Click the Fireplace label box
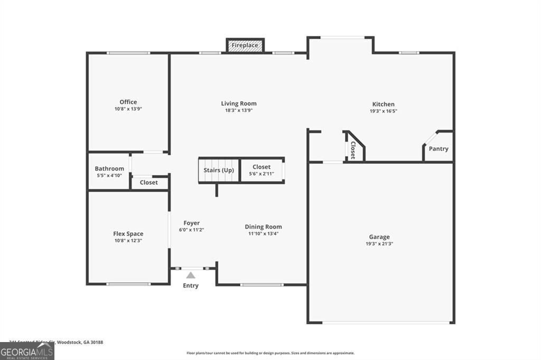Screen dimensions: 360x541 (245, 45)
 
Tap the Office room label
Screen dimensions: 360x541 (128, 102)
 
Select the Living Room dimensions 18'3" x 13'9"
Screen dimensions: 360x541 (239, 111)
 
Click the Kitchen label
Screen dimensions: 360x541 (383, 104)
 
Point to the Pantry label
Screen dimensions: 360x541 (439, 149)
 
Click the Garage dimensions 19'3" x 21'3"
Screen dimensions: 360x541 (379, 244)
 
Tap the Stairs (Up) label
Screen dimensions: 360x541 (219, 170)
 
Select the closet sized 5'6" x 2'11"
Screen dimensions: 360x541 (262, 170)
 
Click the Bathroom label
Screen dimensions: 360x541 (109, 169)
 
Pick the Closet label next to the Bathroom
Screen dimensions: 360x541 (148, 183)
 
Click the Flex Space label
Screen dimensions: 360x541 (128, 234)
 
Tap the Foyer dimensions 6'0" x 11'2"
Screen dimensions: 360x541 (191, 230)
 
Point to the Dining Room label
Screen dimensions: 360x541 (263, 227)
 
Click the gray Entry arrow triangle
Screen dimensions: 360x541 (191, 275)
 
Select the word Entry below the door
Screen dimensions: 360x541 (191, 286)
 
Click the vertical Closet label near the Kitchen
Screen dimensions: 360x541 (352, 150)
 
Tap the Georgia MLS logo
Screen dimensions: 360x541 (27, 351)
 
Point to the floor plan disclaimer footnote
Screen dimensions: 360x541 (270, 353)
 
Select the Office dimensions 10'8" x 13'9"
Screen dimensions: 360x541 (128, 109)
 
